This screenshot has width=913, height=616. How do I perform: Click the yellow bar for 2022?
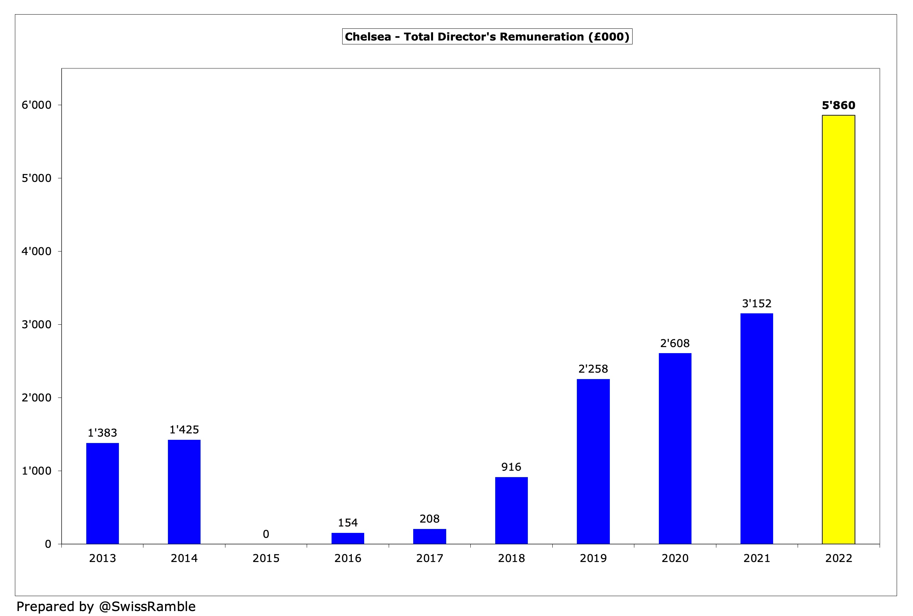click(838, 330)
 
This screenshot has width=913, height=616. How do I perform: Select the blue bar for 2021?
click(756, 428)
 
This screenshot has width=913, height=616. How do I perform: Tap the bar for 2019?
click(593, 461)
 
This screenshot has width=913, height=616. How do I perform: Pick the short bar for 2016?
click(348, 538)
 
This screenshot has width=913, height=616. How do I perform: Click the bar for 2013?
click(103, 493)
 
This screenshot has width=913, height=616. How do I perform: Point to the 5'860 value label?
click(838, 105)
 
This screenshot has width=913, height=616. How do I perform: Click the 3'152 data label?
click(756, 303)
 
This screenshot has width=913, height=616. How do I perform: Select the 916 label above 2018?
click(511, 467)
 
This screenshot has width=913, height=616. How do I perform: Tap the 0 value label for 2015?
click(266, 534)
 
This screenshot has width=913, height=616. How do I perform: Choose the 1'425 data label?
click(184, 430)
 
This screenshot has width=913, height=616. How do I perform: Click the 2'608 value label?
click(675, 344)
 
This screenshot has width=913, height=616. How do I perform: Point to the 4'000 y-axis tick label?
click(37, 252)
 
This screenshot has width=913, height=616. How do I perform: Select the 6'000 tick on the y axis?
click(37, 105)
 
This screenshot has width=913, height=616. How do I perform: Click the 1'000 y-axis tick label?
click(37, 471)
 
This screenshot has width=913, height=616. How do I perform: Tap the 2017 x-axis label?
click(430, 558)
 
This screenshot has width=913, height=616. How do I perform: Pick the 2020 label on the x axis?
click(675, 558)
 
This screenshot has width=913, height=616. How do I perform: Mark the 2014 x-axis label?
click(184, 558)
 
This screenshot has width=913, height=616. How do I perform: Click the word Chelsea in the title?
click(367, 37)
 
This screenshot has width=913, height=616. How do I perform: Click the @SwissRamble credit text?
click(147, 606)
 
